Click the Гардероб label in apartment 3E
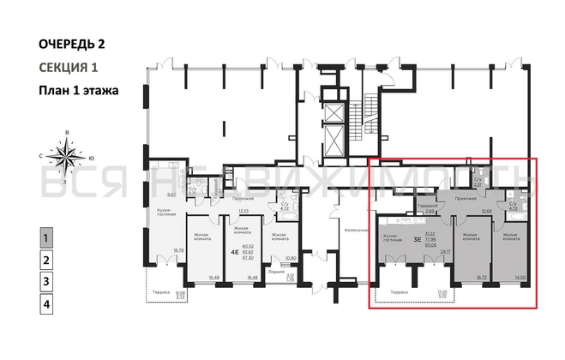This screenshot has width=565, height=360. tap(430, 205)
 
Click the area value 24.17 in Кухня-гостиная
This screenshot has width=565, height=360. tap(444, 252)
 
